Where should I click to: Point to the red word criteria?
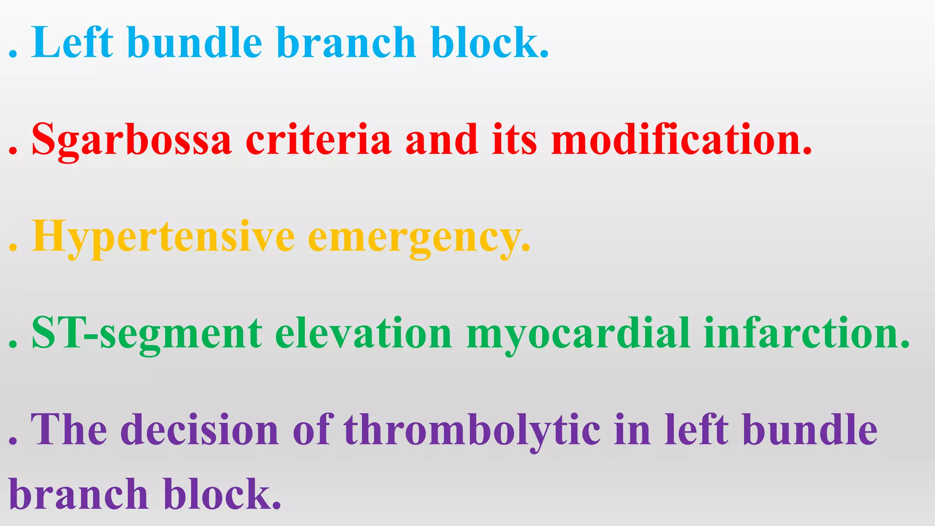[318, 140]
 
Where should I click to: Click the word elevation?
[363, 333]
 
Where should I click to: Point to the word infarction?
[806, 333]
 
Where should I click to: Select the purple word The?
[69, 429]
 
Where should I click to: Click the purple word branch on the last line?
[79, 495]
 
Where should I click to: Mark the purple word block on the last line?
[221, 495]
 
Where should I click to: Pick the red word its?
[515, 140]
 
